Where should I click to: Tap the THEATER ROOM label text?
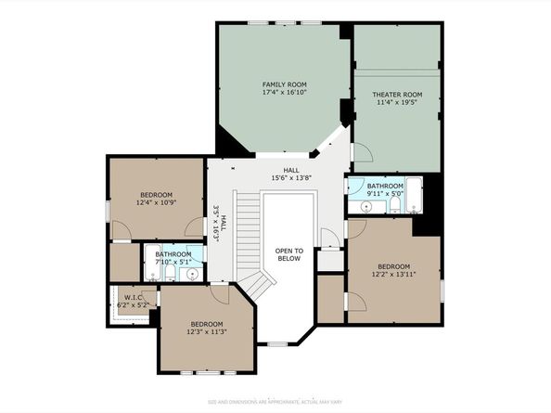coord(397,95)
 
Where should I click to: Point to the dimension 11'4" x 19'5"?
coord(397,104)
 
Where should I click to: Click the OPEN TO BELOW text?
coord(288,255)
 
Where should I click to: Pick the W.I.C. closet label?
coord(130,297)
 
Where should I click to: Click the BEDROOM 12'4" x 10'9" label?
coord(155,198)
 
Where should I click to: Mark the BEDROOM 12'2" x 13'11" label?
coord(393,269)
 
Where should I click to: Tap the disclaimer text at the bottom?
coord(275,402)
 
